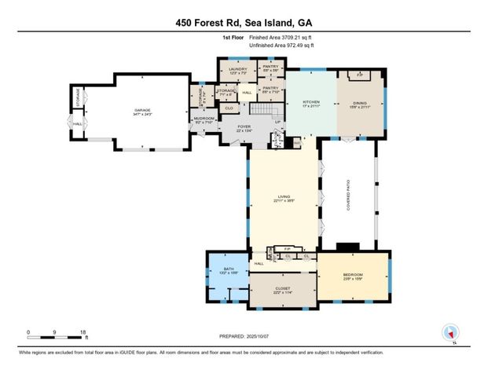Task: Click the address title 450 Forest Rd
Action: (244, 24)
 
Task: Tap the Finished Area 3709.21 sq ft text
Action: (281, 37)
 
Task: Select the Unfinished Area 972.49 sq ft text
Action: (281, 45)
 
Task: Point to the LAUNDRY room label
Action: (238, 71)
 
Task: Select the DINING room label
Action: (362, 104)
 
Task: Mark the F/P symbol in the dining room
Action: (360, 74)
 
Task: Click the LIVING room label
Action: (284, 199)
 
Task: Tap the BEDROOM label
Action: (353, 275)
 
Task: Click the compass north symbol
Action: (450, 332)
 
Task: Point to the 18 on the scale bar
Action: (83, 332)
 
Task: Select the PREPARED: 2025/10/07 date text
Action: (244, 336)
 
